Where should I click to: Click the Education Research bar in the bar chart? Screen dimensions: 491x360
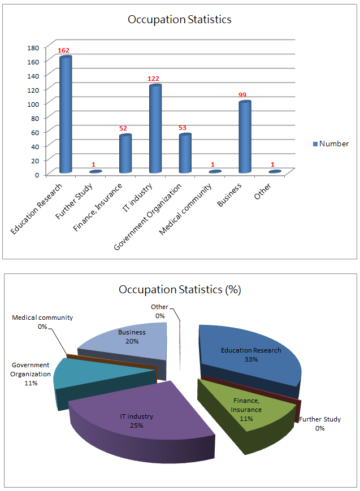tap(66, 116)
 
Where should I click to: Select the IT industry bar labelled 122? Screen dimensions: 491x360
tap(155, 130)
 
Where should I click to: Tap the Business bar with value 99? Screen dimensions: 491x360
tap(244, 137)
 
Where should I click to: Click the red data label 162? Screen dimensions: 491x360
tap(63, 50)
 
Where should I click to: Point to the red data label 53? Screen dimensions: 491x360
tap(182, 128)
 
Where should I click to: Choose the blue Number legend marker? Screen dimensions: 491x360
tap(316, 144)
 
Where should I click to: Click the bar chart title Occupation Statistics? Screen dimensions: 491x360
tap(180, 20)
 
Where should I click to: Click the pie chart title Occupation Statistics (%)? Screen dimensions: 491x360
tap(180, 290)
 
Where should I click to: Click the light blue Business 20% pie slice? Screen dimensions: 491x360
tap(127, 345)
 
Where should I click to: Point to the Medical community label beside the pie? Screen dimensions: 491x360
tap(42, 318)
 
